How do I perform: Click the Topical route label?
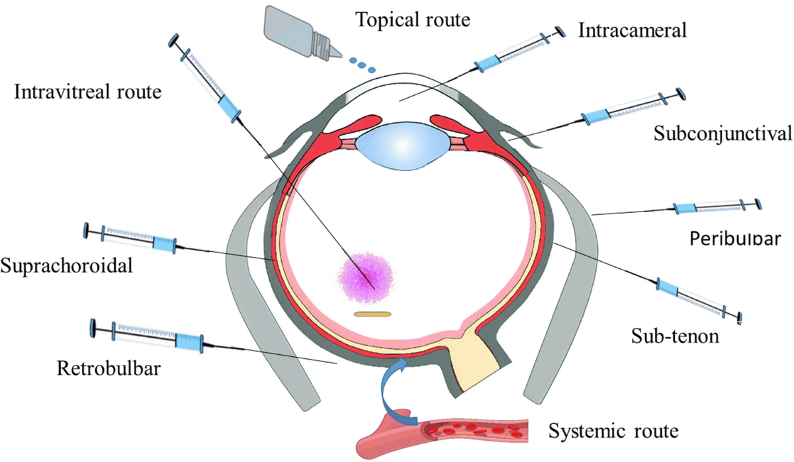coord(413,19)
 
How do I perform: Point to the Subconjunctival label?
coord(723,134)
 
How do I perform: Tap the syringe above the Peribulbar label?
coord(715,207)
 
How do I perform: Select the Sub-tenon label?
coord(681,337)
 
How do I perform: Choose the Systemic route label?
coord(613,432)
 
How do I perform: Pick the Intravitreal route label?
coord(87,92)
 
